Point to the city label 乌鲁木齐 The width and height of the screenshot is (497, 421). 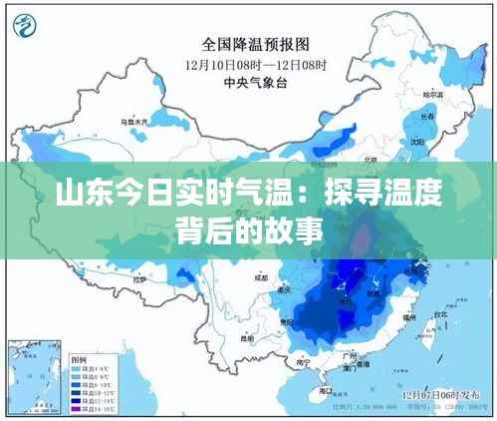[x=133, y=121]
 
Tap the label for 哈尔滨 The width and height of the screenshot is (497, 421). [x=431, y=94]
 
